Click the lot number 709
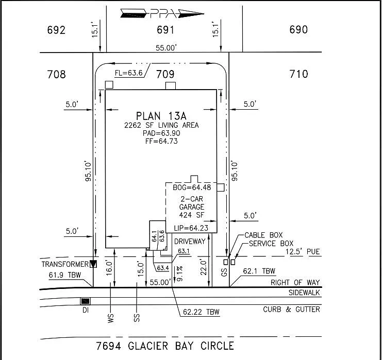click(x=165, y=75)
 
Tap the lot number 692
click(x=56, y=30)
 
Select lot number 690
click(x=298, y=30)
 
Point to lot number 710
click(x=298, y=75)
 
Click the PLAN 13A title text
click(x=161, y=115)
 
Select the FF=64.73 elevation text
click(x=161, y=141)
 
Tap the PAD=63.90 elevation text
click(x=161, y=133)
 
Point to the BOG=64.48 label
click(x=192, y=187)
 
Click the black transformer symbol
click(x=93, y=264)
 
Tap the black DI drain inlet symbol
click(x=85, y=301)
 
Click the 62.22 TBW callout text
click(x=201, y=312)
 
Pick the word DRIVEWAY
click(x=190, y=241)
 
